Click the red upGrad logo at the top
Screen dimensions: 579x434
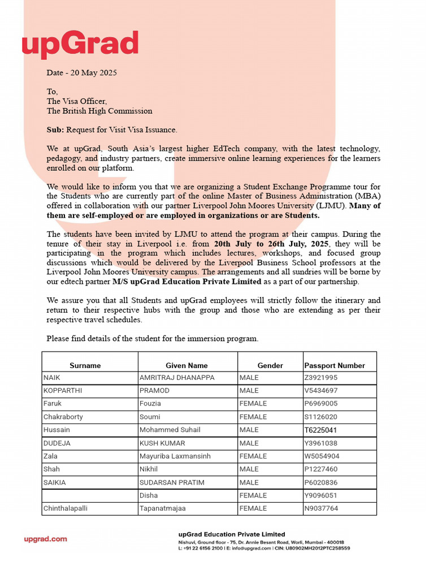(80, 45)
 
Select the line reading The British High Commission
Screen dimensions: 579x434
(99, 111)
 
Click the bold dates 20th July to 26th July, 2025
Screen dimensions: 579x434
(272, 244)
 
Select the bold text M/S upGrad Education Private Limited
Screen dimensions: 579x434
(187, 282)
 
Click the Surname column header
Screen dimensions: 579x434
(85, 365)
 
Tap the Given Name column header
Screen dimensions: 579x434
(186, 365)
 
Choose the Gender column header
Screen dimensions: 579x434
(270, 365)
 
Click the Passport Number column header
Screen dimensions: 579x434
(335, 365)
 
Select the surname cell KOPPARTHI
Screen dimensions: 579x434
(61, 391)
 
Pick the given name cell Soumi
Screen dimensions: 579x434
(150, 417)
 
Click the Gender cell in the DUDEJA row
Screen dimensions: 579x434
(249, 443)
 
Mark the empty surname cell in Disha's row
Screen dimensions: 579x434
(89, 495)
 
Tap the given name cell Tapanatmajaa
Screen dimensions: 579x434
(163, 508)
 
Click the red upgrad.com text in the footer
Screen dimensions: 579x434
(45, 539)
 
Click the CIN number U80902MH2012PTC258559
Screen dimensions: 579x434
(319, 548)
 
